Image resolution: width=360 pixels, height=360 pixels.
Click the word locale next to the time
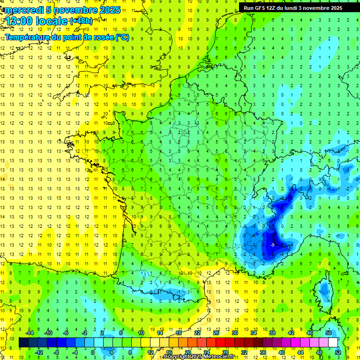pyautogui.click(x=52, y=22)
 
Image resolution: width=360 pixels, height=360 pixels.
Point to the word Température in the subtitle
pyautogui.click(x=27, y=37)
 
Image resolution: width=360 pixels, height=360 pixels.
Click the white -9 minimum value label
pyautogui.click(x=272, y=245)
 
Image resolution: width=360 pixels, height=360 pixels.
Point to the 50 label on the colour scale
pyautogui.click(x=328, y=332)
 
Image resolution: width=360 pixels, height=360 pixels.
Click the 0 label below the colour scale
pyautogui.click(x=92, y=352)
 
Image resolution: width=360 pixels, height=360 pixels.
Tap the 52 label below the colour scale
pyautogui.click(x=337, y=352)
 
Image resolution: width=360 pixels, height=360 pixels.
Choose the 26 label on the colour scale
pyautogui.click(x=216, y=332)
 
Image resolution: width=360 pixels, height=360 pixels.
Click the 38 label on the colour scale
pyautogui.click(x=272, y=332)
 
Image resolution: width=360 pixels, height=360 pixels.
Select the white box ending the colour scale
pyautogui.click(x=333, y=342)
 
